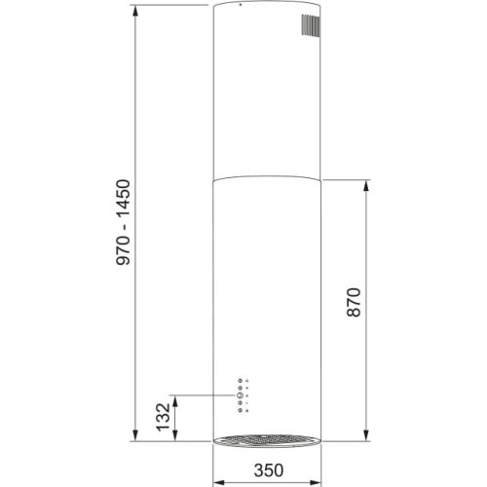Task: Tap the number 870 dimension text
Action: coord(353,310)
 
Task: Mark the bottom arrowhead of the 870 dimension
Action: coord(367,437)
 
